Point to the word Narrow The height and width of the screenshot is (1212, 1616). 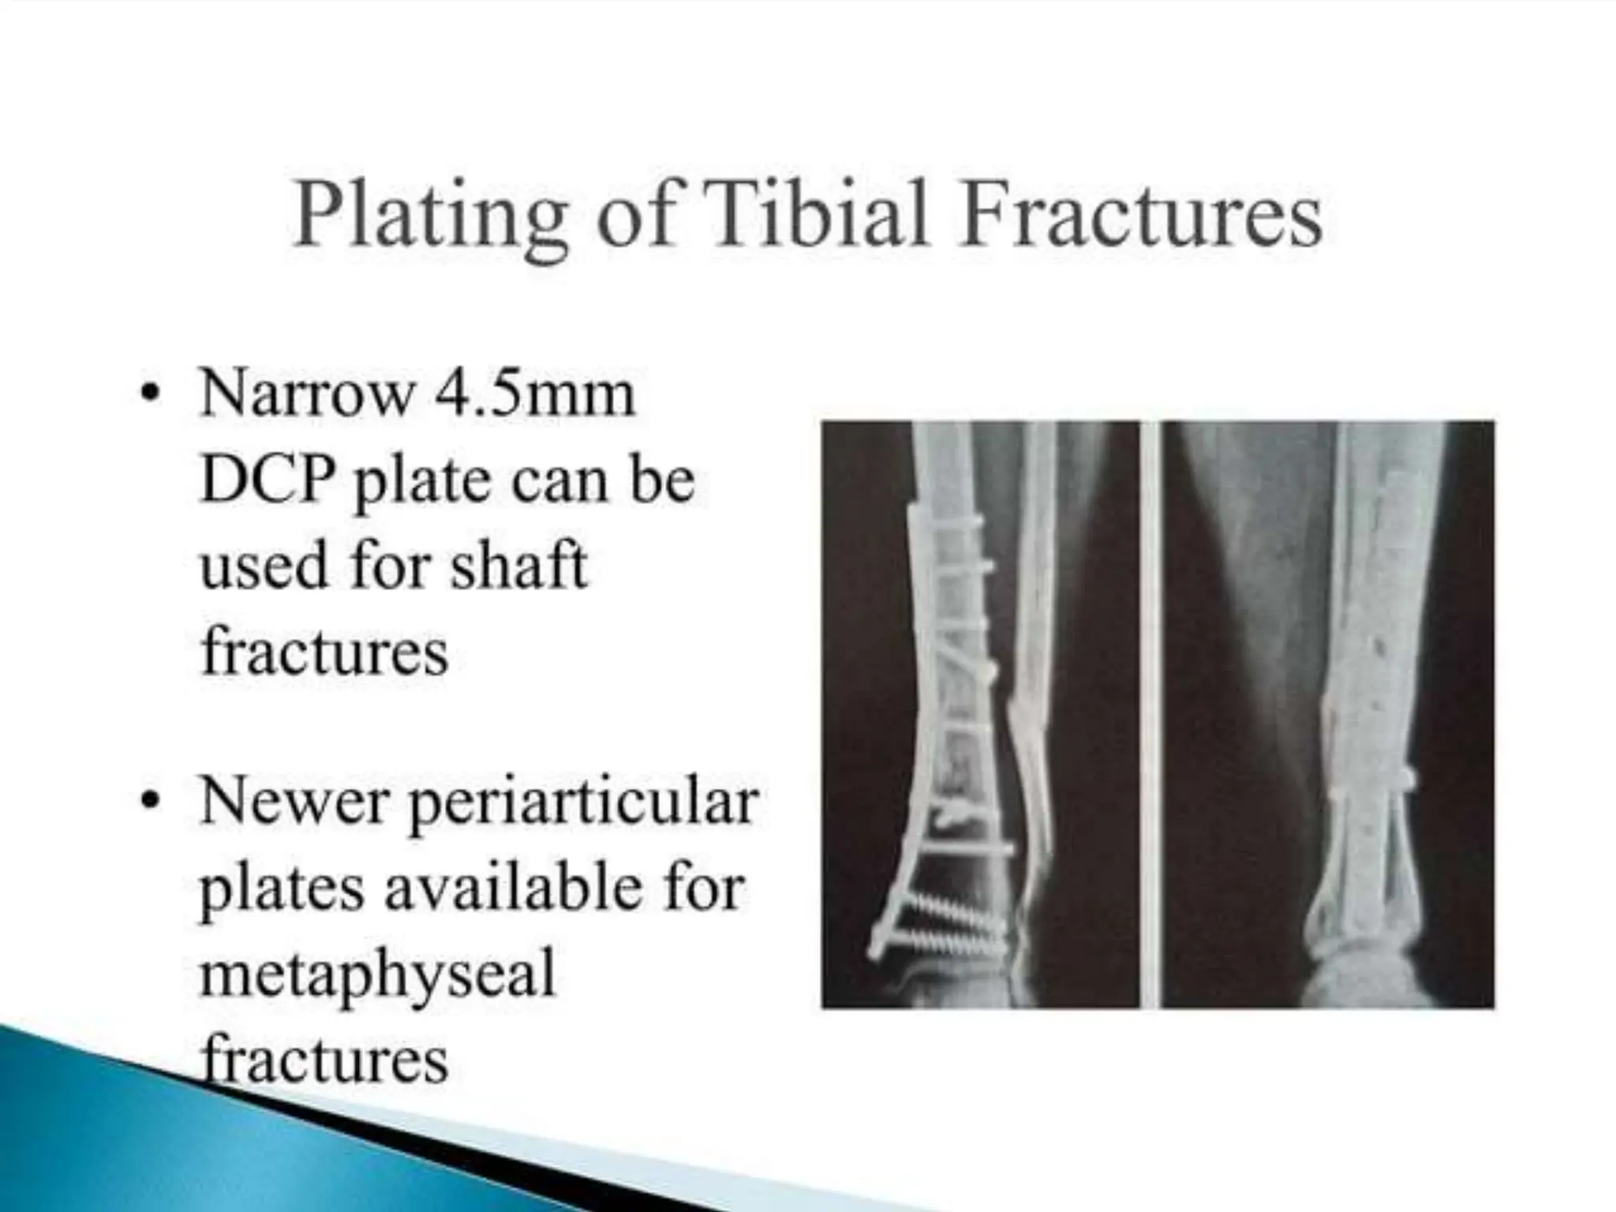308,395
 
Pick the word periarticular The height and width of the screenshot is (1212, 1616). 584,803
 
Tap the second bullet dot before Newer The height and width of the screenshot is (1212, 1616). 150,801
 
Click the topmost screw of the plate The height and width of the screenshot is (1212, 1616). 947,522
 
